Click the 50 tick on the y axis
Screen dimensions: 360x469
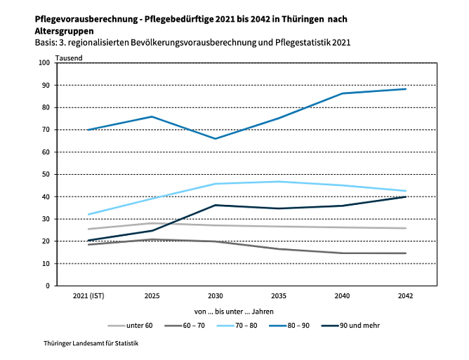(x=46, y=174)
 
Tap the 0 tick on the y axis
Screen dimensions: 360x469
(x=48, y=286)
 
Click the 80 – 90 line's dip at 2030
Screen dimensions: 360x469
(x=216, y=139)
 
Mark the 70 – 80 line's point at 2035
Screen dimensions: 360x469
(x=279, y=182)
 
